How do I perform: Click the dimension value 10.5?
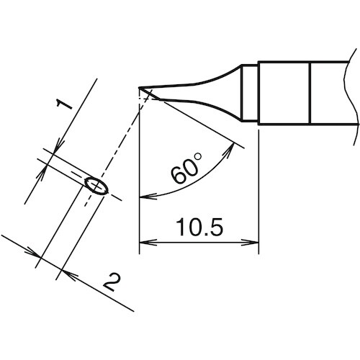[198, 228]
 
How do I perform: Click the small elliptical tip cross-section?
[94, 186]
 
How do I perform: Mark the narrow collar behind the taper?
[248, 92]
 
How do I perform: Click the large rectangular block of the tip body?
[284, 92]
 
